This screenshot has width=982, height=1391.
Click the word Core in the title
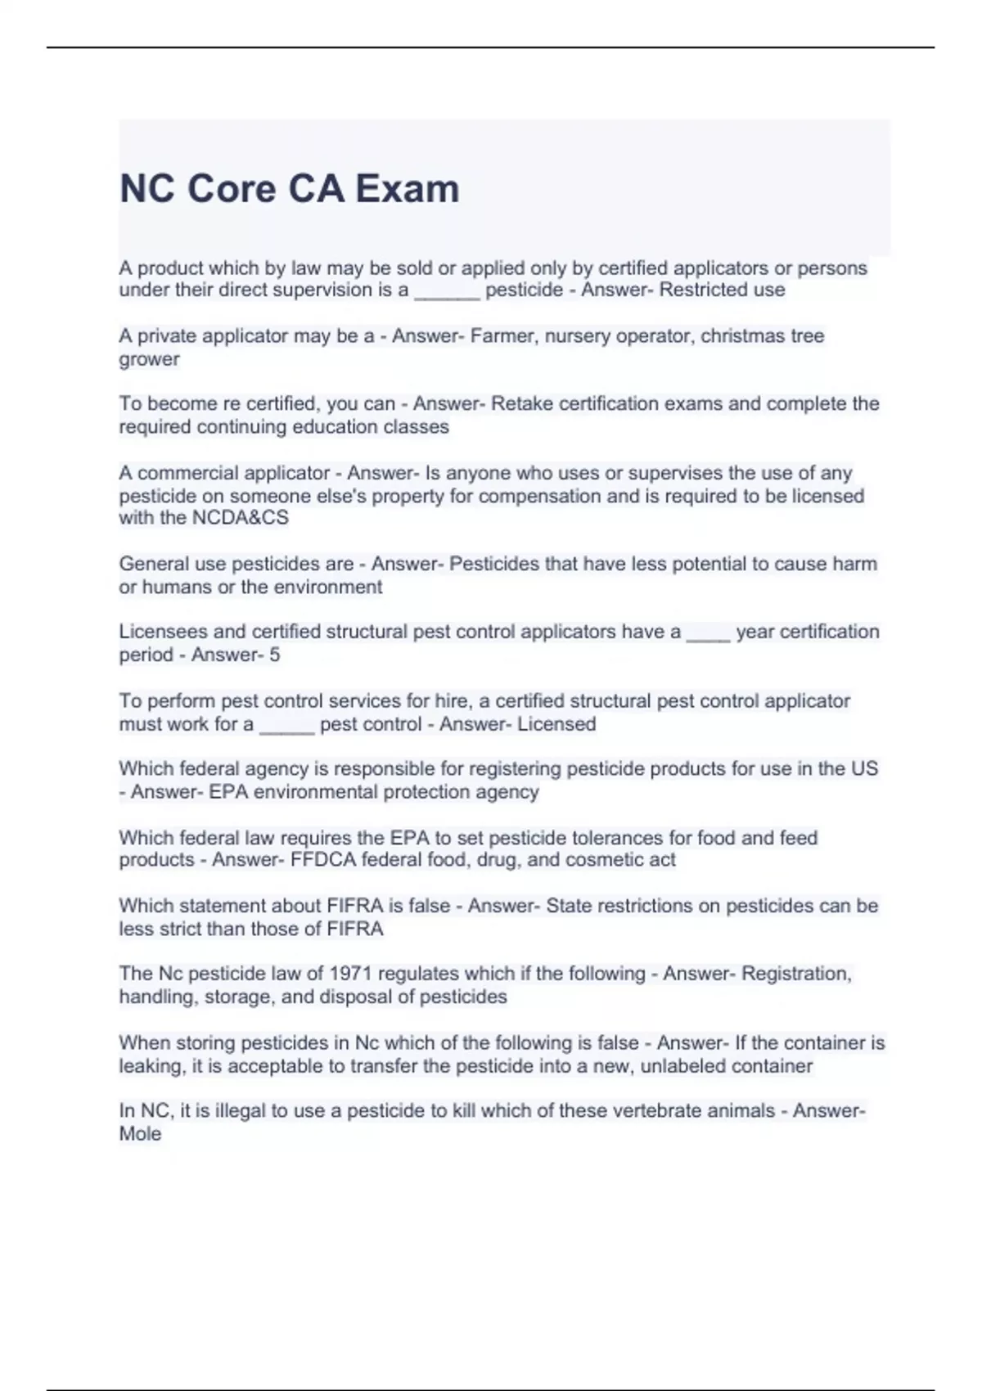click(x=232, y=189)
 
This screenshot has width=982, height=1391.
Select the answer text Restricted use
click(x=722, y=290)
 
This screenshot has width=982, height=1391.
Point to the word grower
click(x=149, y=359)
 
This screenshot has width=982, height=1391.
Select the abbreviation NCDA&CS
click(x=240, y=518)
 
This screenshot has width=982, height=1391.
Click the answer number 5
click(x=275, y=655)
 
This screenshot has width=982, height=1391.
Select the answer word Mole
click(x=140, y=1134)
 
